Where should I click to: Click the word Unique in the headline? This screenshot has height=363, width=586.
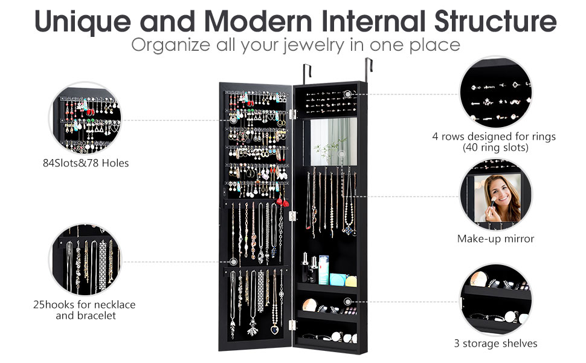pyautogui.click(x=82, y=21)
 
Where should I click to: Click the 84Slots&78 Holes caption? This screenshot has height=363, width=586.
pyautogui.click(x=90, y=163)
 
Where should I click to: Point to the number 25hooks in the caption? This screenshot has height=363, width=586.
pyautogui.click(x=54, y=304)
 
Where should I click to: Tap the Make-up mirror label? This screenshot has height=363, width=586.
pyautogui.click(x=495, y=239)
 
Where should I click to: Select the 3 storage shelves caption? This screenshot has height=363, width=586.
pyautogui.click(x=495, y=344)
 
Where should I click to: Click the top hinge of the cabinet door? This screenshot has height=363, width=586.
pyautogui.click(x=294, y=113)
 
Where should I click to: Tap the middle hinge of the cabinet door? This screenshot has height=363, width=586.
pyautogui.click(x=294, y=215)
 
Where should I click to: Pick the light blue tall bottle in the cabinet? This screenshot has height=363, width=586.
pyautogui.click(x=324, y=269)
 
